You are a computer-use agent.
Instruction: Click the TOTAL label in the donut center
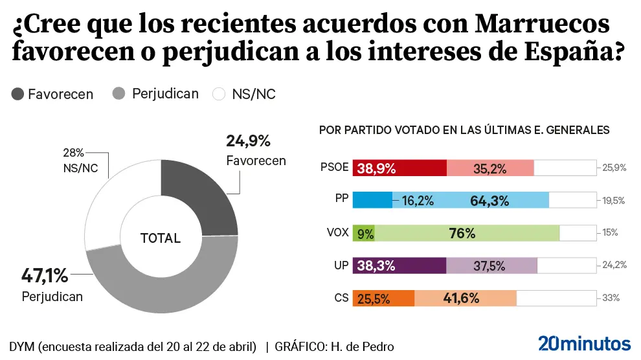coord(161,238)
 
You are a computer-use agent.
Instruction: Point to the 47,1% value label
coord(45,276)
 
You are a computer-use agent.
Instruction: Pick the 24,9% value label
coord(248,141)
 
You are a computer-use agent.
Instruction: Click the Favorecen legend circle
coord(17,95)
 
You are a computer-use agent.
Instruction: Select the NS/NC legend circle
coord(219,95)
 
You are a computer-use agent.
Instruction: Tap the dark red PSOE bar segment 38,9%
coord(399,168)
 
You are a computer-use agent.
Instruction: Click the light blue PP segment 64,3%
coord(471,200)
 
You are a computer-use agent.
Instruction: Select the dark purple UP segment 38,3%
coord(399,265)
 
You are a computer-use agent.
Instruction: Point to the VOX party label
coord(339,232)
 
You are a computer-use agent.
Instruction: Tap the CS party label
coord(341,298)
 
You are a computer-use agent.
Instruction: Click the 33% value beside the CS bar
coord(611,298)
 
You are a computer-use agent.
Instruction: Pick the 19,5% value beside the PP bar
coord(613,200)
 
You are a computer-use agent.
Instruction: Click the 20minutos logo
coord(584,343)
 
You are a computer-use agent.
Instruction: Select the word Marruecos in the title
coord(542,24)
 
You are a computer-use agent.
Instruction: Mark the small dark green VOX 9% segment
coord(364,232)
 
